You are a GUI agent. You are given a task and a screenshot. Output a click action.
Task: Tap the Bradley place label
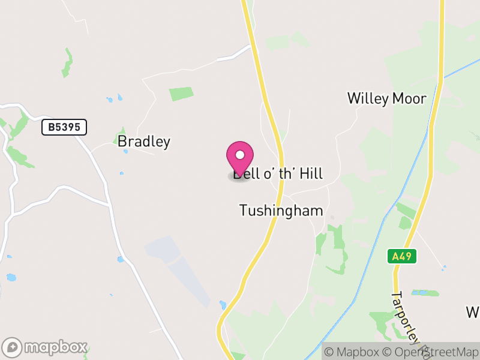tap(144, 142)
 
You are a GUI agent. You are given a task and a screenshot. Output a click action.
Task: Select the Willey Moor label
tap(386, 98)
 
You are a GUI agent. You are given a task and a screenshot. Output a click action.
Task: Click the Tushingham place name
tap(281, 211)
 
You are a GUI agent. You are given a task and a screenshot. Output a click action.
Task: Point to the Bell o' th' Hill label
tap(279, 174)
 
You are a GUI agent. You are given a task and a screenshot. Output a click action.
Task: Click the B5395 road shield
tap(64, 127)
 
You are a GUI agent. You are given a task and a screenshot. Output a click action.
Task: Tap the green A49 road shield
tap(401, 257)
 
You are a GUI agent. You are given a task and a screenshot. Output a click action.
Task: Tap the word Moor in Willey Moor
tap(409, 98)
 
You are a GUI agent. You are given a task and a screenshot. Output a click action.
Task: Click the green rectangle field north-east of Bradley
tap(181, 94)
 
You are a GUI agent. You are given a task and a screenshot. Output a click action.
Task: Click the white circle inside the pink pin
tap(240, 155)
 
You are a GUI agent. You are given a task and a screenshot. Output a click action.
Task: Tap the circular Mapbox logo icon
tap(12, 347)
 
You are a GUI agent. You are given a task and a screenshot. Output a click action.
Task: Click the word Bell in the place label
tap(245, 174)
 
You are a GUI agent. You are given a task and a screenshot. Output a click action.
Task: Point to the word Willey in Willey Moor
tap(368, 98)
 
